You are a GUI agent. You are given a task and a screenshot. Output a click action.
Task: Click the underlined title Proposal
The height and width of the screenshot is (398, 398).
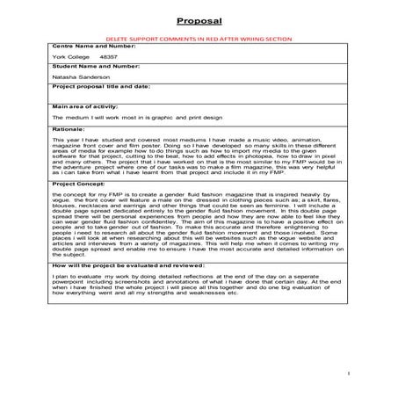[199, 20]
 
